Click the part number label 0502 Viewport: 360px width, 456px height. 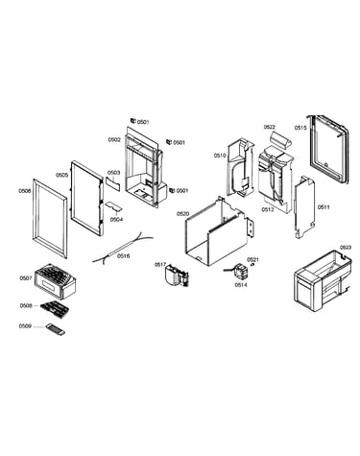click(114, 139)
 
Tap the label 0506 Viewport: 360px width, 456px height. click(25, 191)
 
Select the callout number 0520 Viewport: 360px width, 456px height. click(183, 213)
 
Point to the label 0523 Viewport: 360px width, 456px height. click(346, 247)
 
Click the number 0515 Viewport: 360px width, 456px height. click(300, 128)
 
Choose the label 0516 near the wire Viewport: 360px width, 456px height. click(124, 255)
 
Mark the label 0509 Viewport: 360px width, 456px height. click(25, 325)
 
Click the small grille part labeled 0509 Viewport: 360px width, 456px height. click(55, 329)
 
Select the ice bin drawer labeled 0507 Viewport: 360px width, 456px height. click(55, 281)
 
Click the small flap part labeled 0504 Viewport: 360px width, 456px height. click(114, 206)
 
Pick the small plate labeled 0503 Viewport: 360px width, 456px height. click(113, 183)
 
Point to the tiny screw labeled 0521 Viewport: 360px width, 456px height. click(252, 265)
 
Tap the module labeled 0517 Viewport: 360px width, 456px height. click(177, 276)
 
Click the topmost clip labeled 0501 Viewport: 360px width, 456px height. click(132, 121)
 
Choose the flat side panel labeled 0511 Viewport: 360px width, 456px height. click(304, 207)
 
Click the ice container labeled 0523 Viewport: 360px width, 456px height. click(323, 280)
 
